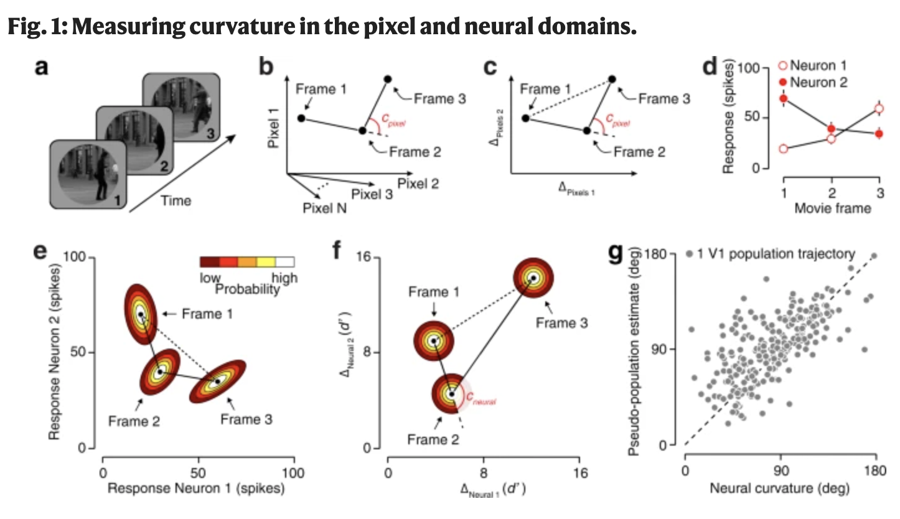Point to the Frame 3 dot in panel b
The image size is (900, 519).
pos(388,79)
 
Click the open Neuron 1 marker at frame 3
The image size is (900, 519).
pos(878,109)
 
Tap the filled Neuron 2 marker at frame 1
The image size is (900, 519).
pos(784,98)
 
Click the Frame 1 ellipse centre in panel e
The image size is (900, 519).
pos(140,315)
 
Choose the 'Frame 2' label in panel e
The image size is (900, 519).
pos(134,421)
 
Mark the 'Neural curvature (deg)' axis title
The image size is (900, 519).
pos(780,488)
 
